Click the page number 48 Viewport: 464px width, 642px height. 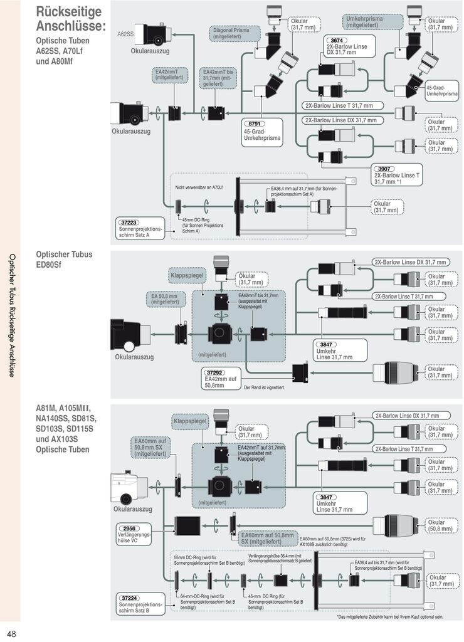coord(12,633)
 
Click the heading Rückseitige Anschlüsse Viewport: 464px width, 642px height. coord(71,19)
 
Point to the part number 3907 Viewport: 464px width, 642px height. coord(383,169)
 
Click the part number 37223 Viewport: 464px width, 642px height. coord(130,222)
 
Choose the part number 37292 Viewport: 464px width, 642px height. coord(216,372)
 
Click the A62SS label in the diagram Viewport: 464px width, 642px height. coord(126,34)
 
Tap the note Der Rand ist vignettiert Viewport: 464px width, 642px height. coord(263,387)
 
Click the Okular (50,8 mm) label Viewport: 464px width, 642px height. coord(440,525)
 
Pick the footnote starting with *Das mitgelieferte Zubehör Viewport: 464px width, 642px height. coord(389,617)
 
